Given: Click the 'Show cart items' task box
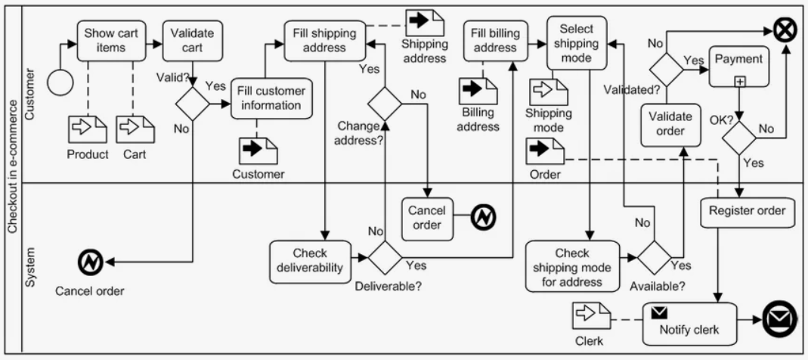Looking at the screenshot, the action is (x=104, y=40).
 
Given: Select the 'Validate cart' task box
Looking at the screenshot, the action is (x=192, y=40).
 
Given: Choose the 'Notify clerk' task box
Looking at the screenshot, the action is (x=689, y=324).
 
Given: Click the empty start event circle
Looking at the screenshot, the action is (x=60, y=82).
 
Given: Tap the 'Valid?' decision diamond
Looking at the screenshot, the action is (x=192, y=104).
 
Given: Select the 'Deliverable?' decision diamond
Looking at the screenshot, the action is (x=385, y=257).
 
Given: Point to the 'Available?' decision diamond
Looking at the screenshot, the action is (x=655, y=257).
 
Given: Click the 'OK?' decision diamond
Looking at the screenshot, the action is (x=739, y=138).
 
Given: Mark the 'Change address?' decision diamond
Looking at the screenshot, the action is (x=385, y=104).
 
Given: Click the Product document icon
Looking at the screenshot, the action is (x=88, y=129).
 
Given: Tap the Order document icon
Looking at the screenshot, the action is (x=545, y=151).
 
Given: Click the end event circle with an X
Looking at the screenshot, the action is (x=786, y=31).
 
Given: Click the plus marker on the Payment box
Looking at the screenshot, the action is (x=739, y=82).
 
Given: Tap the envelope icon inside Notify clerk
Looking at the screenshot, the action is (x=659, y=312).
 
